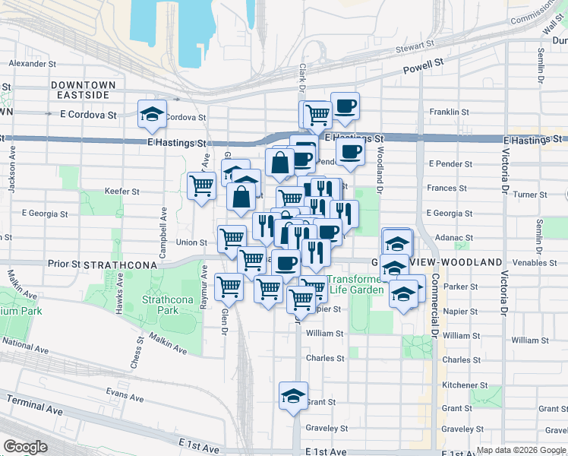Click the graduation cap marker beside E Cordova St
[x=152, y=115]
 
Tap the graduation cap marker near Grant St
[x=293, y=396]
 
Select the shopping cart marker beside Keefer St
[x=201, y=185]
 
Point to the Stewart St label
[x=414, y=49]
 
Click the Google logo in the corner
[x=25, y=447]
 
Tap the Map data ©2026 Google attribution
[x=521, y=450]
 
